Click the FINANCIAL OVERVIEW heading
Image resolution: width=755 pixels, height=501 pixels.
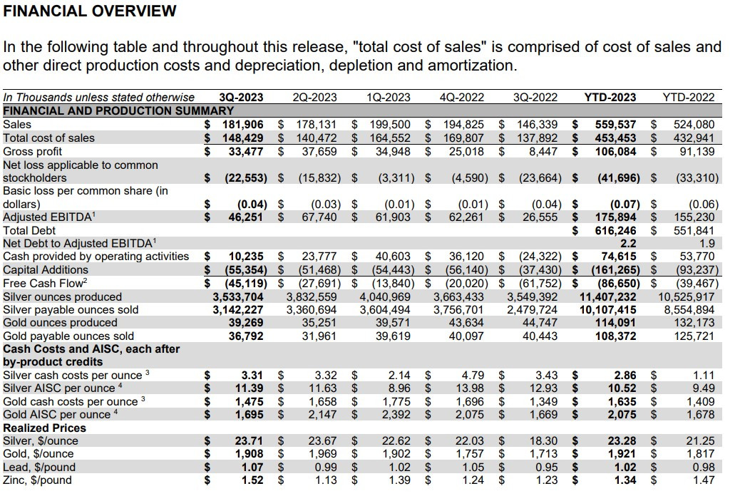90,11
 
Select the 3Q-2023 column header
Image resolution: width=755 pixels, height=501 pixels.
241,97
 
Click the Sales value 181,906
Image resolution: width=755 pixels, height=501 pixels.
240,125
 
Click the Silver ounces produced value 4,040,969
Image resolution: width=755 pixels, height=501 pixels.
385,296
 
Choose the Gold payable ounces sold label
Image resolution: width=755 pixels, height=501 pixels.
68,336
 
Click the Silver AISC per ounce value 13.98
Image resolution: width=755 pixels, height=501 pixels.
469,388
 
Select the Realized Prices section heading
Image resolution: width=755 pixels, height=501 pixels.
45,428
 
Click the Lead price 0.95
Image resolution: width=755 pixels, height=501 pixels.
545,467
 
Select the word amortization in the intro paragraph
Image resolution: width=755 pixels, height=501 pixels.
471,66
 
